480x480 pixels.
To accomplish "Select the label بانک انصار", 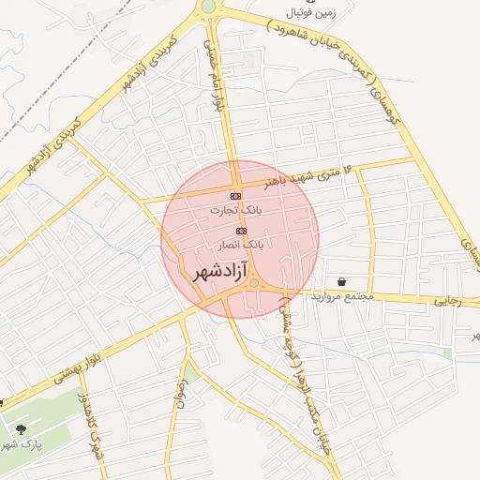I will (241, 244).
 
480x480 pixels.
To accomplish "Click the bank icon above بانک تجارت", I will (235, 196).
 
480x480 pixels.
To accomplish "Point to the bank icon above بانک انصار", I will (241, 230).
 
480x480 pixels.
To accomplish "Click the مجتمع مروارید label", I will (346, 296).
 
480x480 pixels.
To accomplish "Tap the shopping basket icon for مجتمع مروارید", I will (339, 281).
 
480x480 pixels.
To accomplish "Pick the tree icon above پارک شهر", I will (21, 429).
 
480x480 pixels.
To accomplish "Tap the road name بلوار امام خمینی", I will (216, 84).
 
